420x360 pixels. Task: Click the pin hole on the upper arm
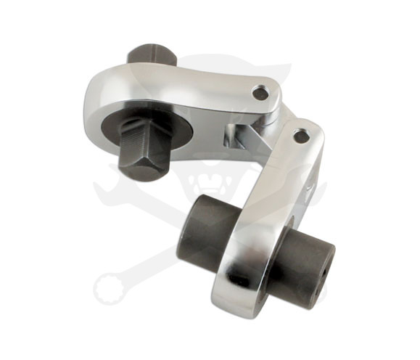[x=260, y=94]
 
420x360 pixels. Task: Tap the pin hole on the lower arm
[x=302, y=136]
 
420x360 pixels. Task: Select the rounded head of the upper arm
[x=105, y=102]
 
